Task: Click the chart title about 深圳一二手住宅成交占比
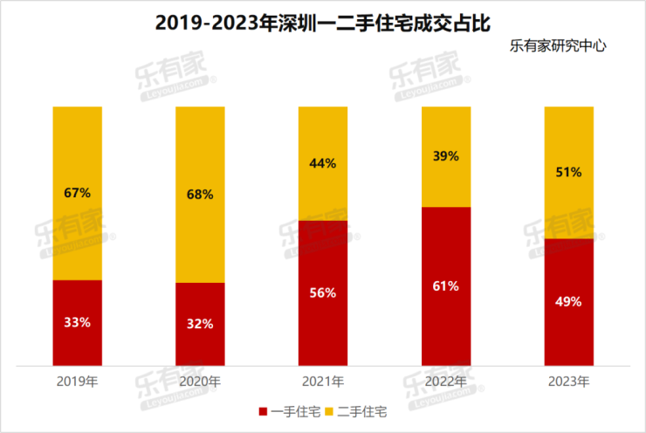[x=323, y=22]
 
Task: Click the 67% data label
[x=77, y=192]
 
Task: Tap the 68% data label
[x=200, y=194]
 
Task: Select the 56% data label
[x=323, y=292]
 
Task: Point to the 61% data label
[x=446, y=285]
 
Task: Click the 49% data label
[x=568, y=301]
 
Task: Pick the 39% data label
[x=446, y=155]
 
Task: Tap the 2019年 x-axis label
[x=77, y=381]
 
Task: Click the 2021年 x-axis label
[x=323, y=381]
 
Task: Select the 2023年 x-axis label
[x=568, y=381]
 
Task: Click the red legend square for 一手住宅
[x=264, y=411]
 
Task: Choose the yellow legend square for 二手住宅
[x=330, y=411]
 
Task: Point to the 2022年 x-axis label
[x=446, y=381]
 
